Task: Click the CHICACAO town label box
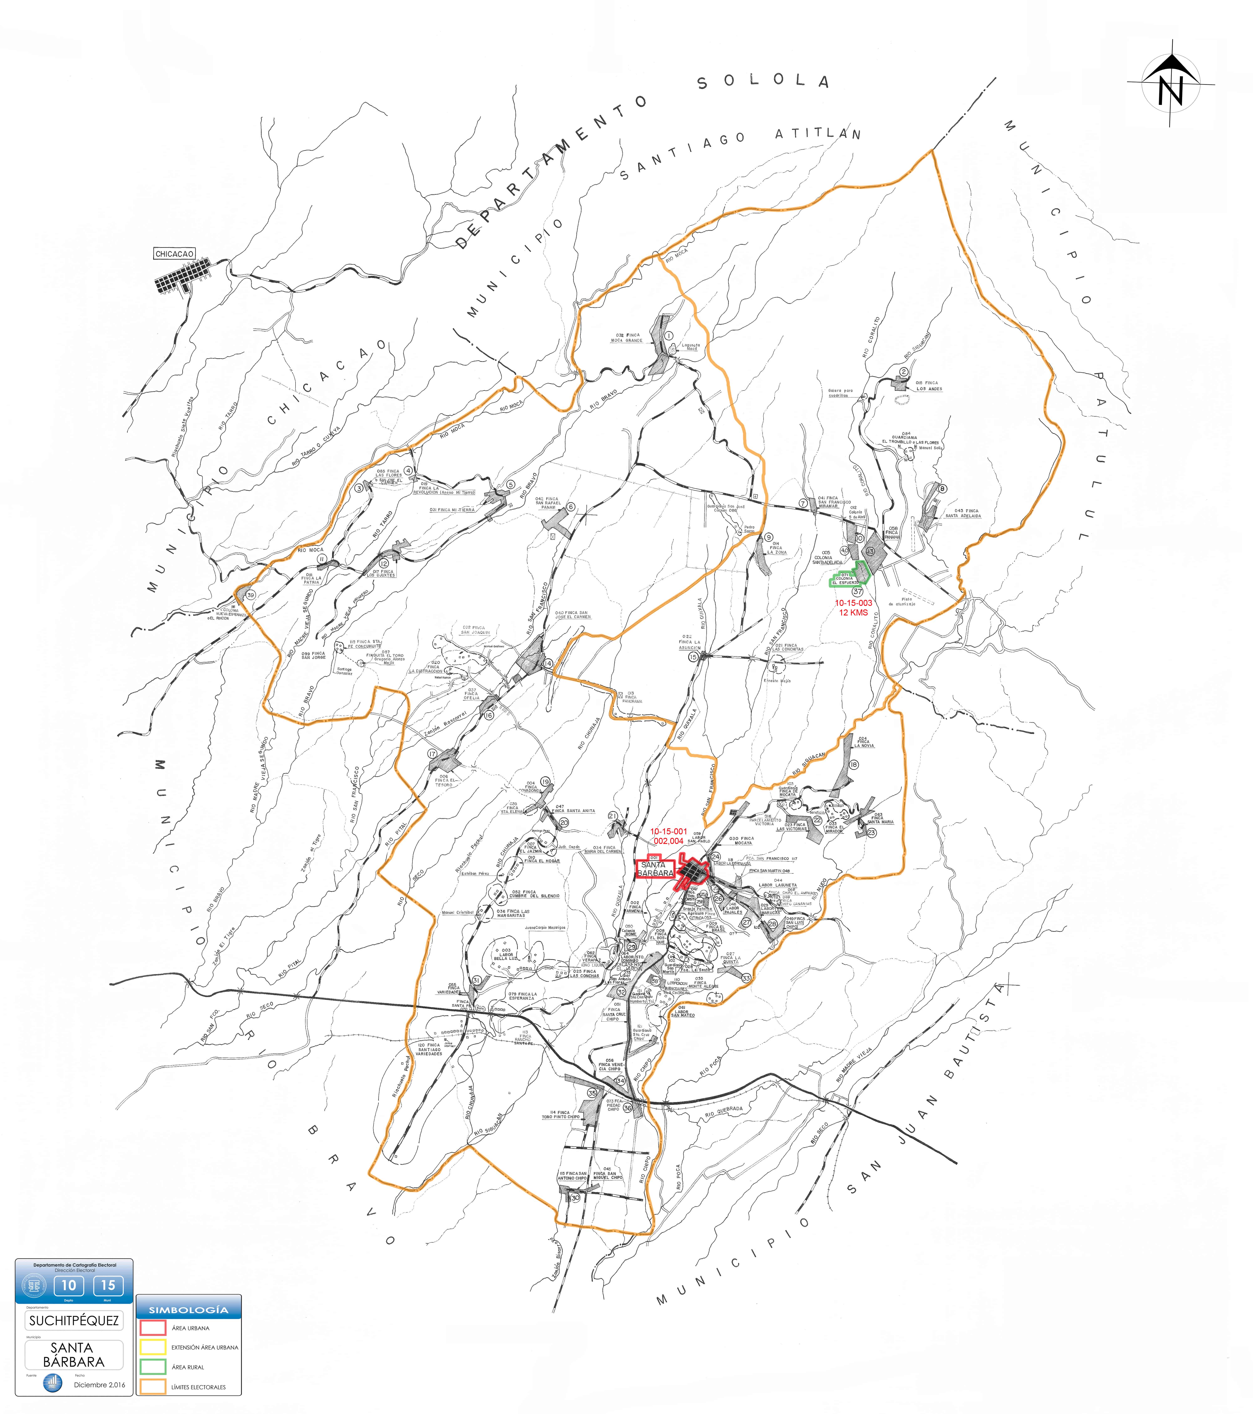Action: (174, 254)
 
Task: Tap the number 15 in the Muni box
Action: (108, 1285)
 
